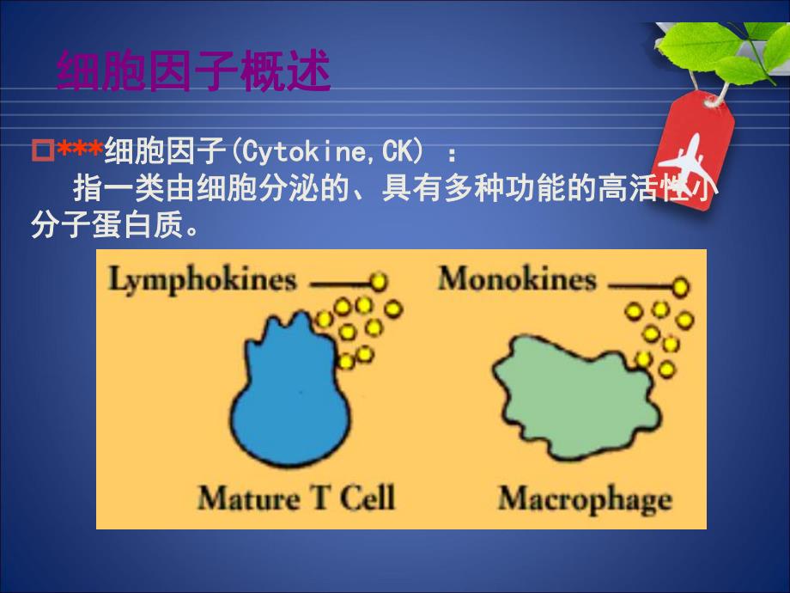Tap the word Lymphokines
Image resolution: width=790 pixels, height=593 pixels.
203,279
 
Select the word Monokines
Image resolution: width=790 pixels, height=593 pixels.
516,279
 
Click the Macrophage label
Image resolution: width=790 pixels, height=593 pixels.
585,498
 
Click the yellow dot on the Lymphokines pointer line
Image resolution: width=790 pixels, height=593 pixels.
379,281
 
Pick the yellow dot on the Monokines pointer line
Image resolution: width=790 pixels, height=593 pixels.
681,285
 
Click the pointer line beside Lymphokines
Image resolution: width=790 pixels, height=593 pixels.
338,281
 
